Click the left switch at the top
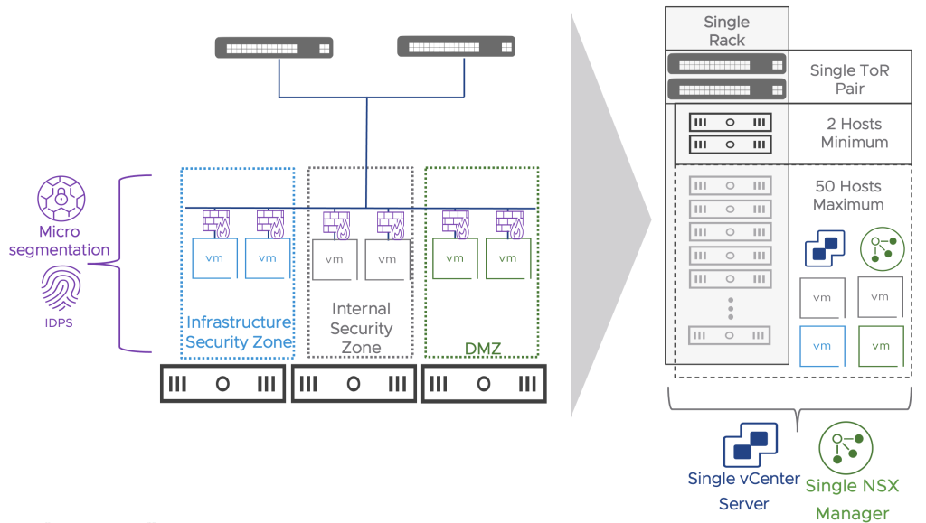coord(273,48)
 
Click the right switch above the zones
coord(456,46)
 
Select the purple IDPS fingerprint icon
coord(61,290)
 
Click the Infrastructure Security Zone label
coord(239,332)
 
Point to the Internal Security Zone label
coord(361,328)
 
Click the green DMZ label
coord(482,347)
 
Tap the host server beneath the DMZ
coord(484,383)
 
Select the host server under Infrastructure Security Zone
coord(222,383)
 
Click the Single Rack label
coord(726,31)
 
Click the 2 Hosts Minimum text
coord(854,133)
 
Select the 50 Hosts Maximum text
coord(847,195)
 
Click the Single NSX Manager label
coord(852,500)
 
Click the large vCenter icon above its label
coord(744,445)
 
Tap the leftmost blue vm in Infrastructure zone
coord(214,258)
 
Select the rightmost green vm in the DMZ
coord(506,258)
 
